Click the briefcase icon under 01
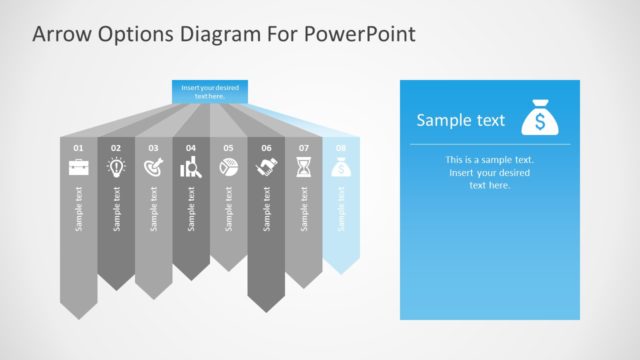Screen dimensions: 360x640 [x=78, y=168]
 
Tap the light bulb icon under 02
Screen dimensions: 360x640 [x=116, y=168]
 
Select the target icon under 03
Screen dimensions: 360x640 [x=154, y=168]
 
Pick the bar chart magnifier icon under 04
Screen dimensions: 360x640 [x=191, y=168]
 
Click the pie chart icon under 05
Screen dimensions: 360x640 [x=228, y=168]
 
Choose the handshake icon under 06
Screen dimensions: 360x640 [x=266, y=168]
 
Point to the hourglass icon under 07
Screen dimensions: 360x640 [x=304, y=168]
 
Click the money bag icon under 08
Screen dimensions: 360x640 [x=341, y=168]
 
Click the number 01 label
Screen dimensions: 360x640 [x=78, y=148]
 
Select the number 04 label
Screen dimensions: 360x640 [x=191, y=148]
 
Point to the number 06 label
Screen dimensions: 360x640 [x=266, y=148]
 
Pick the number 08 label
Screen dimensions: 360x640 [x=341, y=148]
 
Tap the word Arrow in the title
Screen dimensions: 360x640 [x=59, y=35]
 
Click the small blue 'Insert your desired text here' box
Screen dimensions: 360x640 [x=209, y=91]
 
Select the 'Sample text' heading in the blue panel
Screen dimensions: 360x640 [x=461, y=121]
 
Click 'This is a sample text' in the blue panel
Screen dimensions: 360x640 [x=490, y=160]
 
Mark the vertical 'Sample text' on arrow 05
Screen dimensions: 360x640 [x=229, y=208]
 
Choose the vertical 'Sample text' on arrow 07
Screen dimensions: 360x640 [x=304, y=208]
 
